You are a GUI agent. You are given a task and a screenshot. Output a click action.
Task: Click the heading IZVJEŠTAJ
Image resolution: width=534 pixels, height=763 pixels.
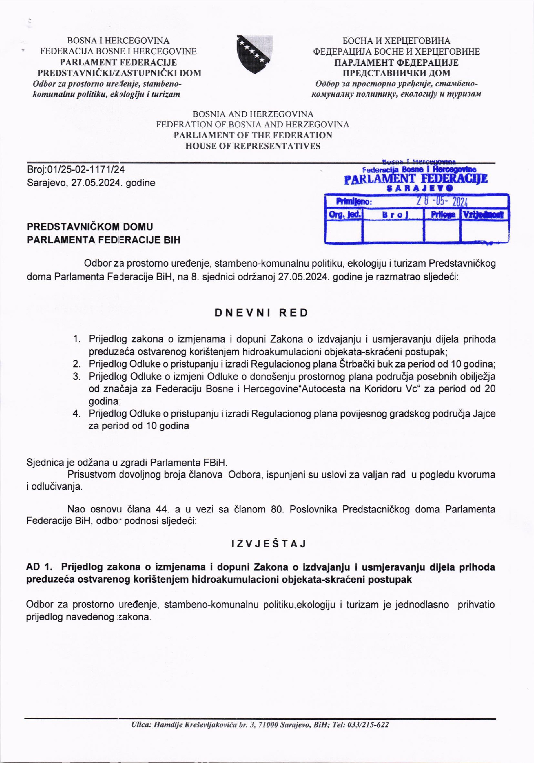(268, 544)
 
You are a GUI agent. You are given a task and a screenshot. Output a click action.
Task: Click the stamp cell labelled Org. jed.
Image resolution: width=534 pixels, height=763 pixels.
(344, 214)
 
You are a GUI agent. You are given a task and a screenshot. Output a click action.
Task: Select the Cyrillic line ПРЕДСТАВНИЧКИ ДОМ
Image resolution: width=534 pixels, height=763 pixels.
(396, 73)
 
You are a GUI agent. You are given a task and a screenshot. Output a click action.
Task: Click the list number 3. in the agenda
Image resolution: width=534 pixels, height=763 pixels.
(77, 377)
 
